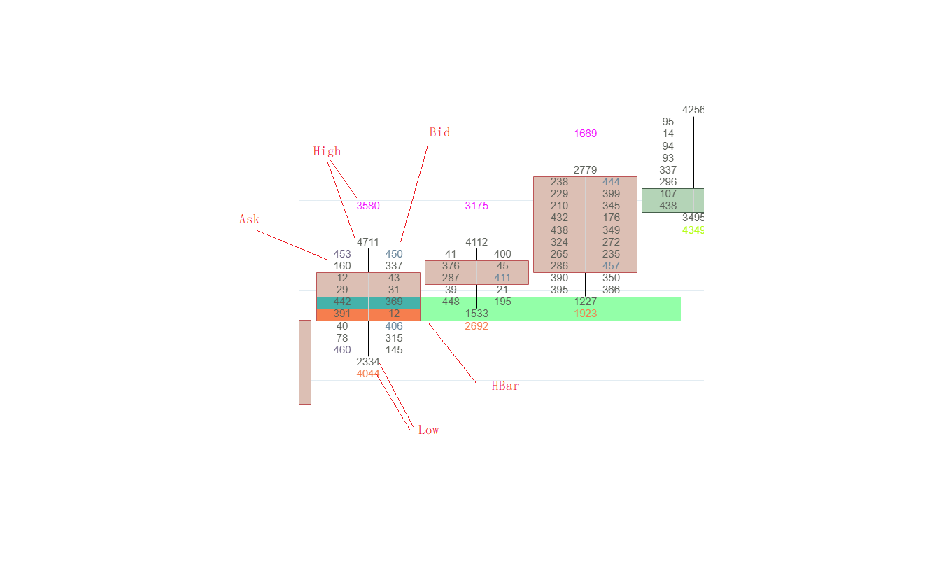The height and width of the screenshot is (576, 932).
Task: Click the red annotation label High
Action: click(327, 151)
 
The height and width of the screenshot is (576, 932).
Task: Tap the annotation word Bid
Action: click(439, 132)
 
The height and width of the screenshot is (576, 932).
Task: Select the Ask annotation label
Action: click(249, 219)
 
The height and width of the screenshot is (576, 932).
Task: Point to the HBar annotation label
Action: click(505, 386)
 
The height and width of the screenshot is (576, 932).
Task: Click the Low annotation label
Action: click(428, 430)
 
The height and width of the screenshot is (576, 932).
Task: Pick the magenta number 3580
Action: click(368, 206)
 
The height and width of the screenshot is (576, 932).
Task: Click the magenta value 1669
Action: click(585, 134)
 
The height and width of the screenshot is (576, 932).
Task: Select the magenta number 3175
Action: click(476, 206)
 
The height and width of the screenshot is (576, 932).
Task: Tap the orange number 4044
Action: click(368, 374)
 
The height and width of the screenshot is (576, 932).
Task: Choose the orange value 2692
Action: click(476, 326)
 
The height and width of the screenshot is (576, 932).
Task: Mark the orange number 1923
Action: click(585, 314)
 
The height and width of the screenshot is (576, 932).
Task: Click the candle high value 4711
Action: click(368, 242)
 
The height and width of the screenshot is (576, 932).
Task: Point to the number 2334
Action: click(368, 362)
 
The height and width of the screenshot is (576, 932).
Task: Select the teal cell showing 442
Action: click(342, 302)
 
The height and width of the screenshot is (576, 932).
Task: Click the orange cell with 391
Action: click(342, 314)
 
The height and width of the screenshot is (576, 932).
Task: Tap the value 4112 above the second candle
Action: click(476, 242)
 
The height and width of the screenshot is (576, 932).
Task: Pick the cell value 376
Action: click(451, 266)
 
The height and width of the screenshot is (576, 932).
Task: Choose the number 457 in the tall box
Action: click(611, 266)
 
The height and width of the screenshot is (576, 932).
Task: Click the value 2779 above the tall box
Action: click(585, 170)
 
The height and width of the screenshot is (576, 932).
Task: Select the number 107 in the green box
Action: click(668, 194)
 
